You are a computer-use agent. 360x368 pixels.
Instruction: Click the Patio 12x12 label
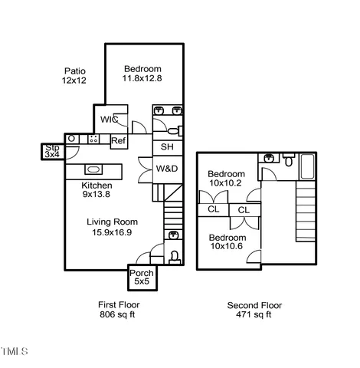[x=74, y=76]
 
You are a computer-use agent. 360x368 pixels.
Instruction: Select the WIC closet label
[x=108, y=120]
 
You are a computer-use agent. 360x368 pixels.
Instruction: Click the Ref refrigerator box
[x=119, y=140]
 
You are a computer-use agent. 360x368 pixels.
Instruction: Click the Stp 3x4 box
[x=52, y=151]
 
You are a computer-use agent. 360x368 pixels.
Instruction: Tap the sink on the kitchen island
[x=93, y=169]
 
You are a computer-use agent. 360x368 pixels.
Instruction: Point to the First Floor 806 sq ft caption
[x=119, y=310]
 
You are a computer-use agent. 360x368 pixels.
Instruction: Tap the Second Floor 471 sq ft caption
[x=249, y=310]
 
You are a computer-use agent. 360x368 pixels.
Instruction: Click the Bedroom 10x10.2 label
[x=227, y=179]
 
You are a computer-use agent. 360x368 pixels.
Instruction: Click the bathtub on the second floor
[x=307, y=163]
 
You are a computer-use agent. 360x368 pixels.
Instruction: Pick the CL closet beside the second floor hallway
[x=244, y=209]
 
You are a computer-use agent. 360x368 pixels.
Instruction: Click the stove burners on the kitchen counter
[x=93, y=139]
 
